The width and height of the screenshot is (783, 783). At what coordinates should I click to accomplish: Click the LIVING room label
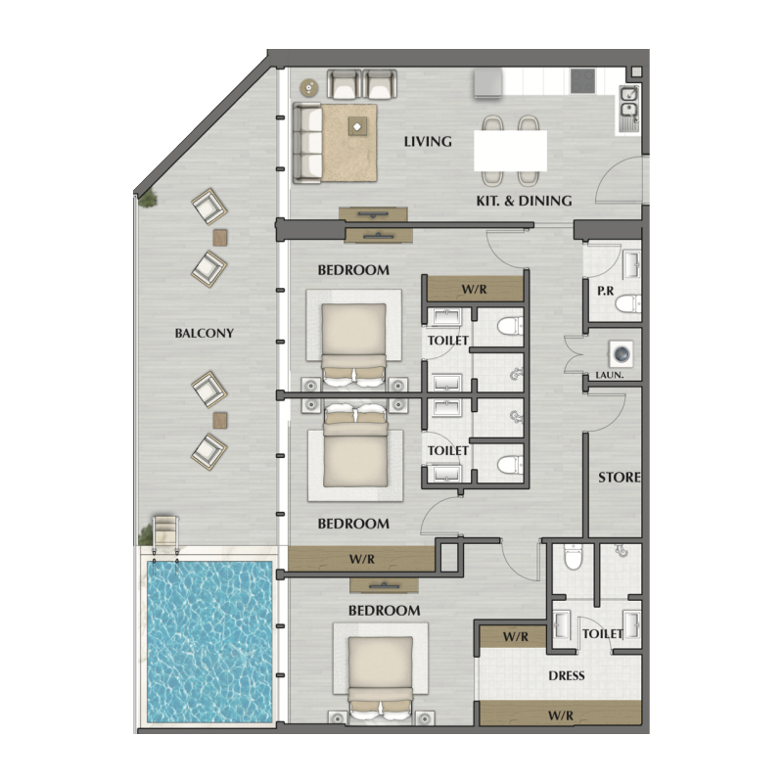coord(428,142)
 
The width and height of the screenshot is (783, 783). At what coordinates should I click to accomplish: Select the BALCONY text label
coord(204,333)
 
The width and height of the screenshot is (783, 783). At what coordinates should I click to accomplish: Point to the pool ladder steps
coord(162,534)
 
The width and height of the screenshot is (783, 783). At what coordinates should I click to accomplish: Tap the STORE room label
coord(620,478)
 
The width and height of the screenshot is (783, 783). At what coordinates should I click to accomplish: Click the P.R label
coord(605,292)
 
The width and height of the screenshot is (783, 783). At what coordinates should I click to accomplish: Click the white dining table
coord(510,151)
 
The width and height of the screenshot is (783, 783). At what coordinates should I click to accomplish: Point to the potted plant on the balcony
coord(149,199)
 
